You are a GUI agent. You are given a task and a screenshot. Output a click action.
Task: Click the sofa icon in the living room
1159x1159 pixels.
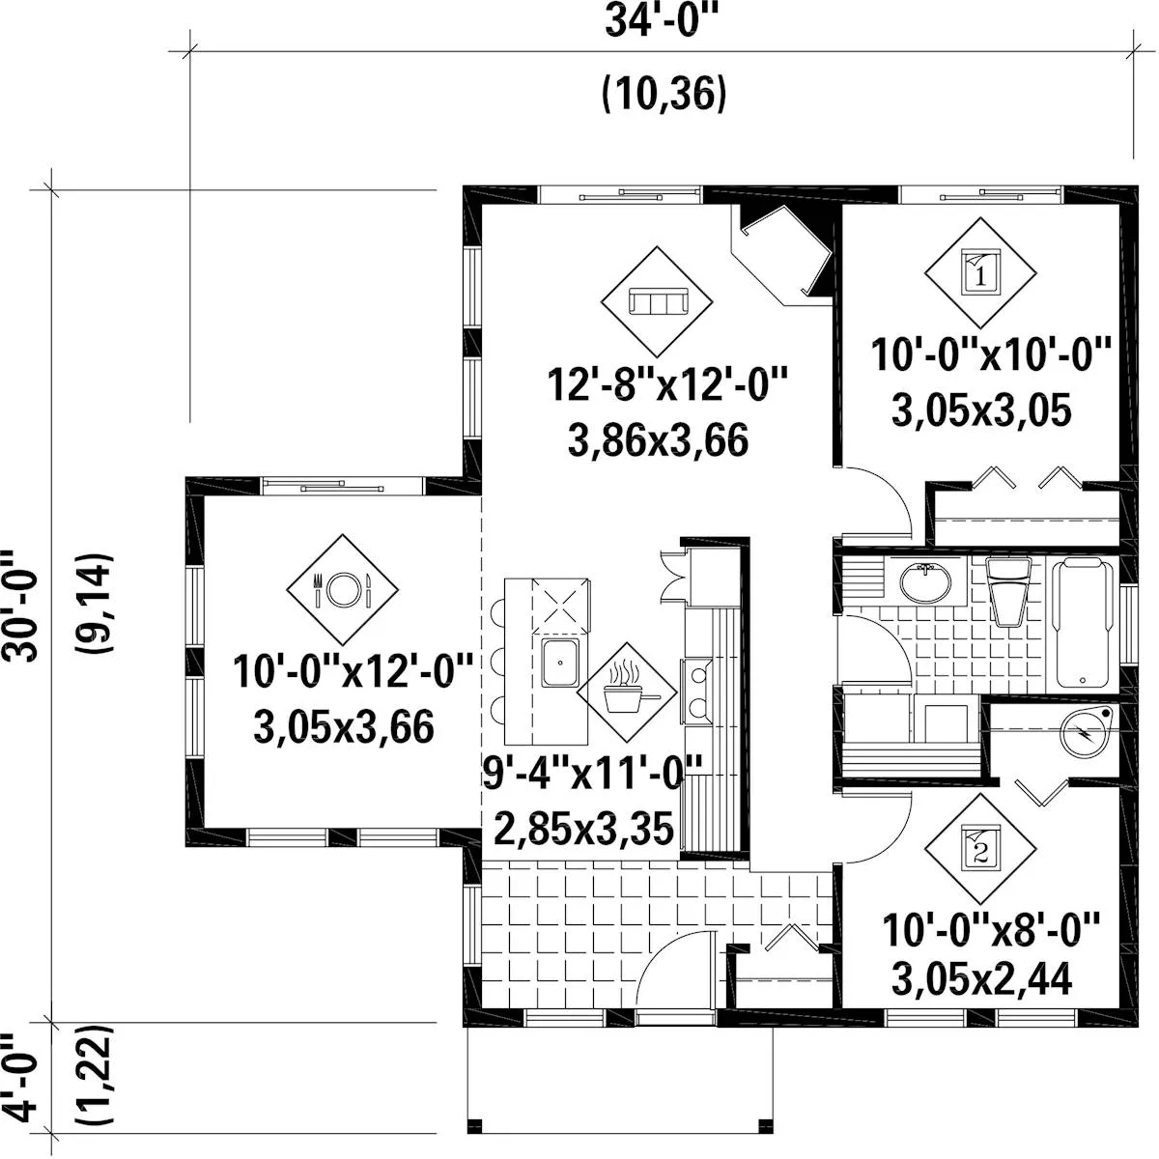click(x=658, y=300)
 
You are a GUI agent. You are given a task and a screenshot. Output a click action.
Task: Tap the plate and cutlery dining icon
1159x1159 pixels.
click(x=342, y=589)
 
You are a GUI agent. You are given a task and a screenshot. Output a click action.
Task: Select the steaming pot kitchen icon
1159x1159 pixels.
click(x=628, y=691)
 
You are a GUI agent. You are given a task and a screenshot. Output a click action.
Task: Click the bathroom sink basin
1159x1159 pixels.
click(x=925, y=581)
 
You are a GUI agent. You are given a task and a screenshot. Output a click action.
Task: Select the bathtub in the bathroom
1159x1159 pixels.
click(x=1083, y=622)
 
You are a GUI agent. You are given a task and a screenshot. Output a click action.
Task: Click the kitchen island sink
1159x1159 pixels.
click(x=560, y=663)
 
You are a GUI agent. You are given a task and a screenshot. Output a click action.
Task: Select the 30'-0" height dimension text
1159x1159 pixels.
click(x=21, y=607)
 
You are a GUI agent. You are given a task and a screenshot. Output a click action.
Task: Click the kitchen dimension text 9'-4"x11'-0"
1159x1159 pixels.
click(x=592, y=773)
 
